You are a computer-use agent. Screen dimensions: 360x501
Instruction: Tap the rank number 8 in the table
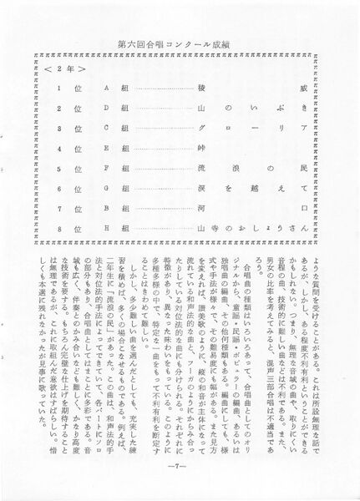click(x=59, y=228)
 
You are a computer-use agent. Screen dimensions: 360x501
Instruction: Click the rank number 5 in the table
click(x=59, y=168)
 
